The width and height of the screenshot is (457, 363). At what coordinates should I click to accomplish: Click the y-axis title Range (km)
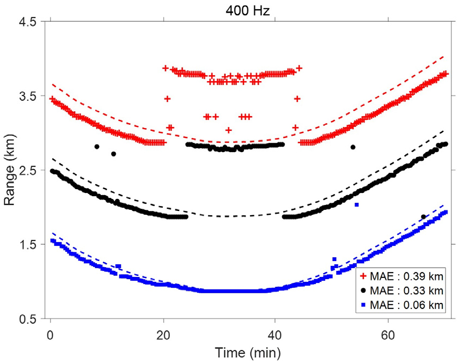point(10,170)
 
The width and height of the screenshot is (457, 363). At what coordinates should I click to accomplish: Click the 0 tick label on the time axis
point(51,332)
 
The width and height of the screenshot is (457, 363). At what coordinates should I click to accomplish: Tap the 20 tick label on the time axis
point(163,332)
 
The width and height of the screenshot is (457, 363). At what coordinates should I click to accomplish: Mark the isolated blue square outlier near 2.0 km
point(357,205)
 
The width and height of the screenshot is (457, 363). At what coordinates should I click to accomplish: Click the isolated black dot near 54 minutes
point(353,147)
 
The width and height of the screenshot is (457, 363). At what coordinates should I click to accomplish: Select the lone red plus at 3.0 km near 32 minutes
point(229,130)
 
